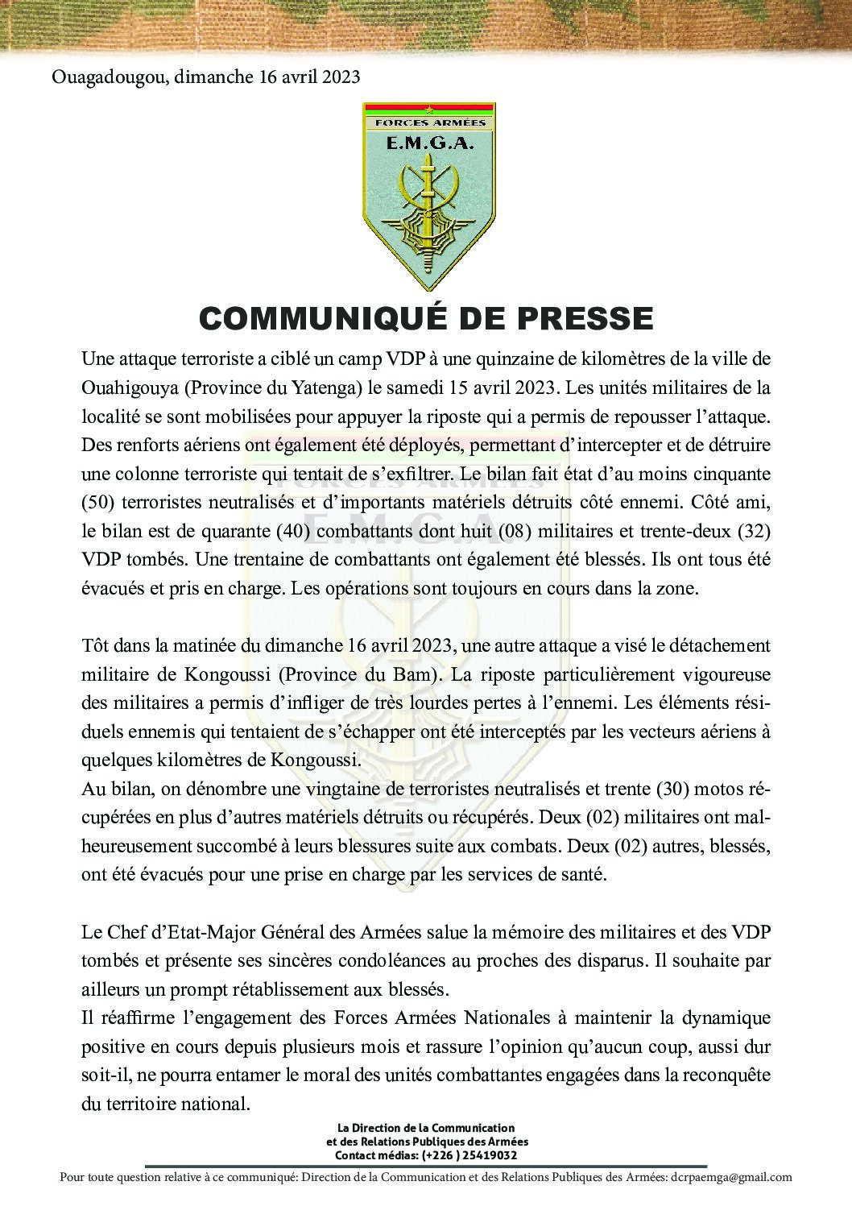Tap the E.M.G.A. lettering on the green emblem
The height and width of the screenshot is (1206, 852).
428,143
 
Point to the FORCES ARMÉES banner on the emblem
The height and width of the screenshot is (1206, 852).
428,122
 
